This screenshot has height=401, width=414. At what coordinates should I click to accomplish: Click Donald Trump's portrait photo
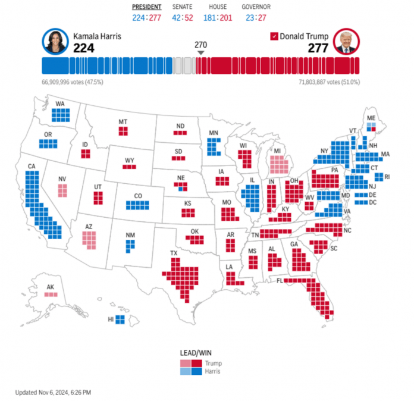pos(347,42)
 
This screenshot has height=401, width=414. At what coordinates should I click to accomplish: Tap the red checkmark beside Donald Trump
pos(274,36)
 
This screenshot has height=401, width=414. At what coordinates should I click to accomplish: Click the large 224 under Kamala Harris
pos(84,48)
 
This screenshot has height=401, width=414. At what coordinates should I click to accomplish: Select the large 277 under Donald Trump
pos(318,48)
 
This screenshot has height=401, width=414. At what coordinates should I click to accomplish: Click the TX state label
pos(174,253)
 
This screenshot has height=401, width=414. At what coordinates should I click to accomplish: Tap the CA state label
pos(31,166)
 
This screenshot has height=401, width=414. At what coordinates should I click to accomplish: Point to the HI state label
pos(110,319)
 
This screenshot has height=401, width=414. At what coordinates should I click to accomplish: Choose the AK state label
pos(51,287)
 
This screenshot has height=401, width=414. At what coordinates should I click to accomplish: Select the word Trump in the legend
pos(212,363)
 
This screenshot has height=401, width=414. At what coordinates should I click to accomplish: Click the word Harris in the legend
pos(213,371)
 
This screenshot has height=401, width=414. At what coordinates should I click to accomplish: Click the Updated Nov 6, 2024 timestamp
pos(53,392)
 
